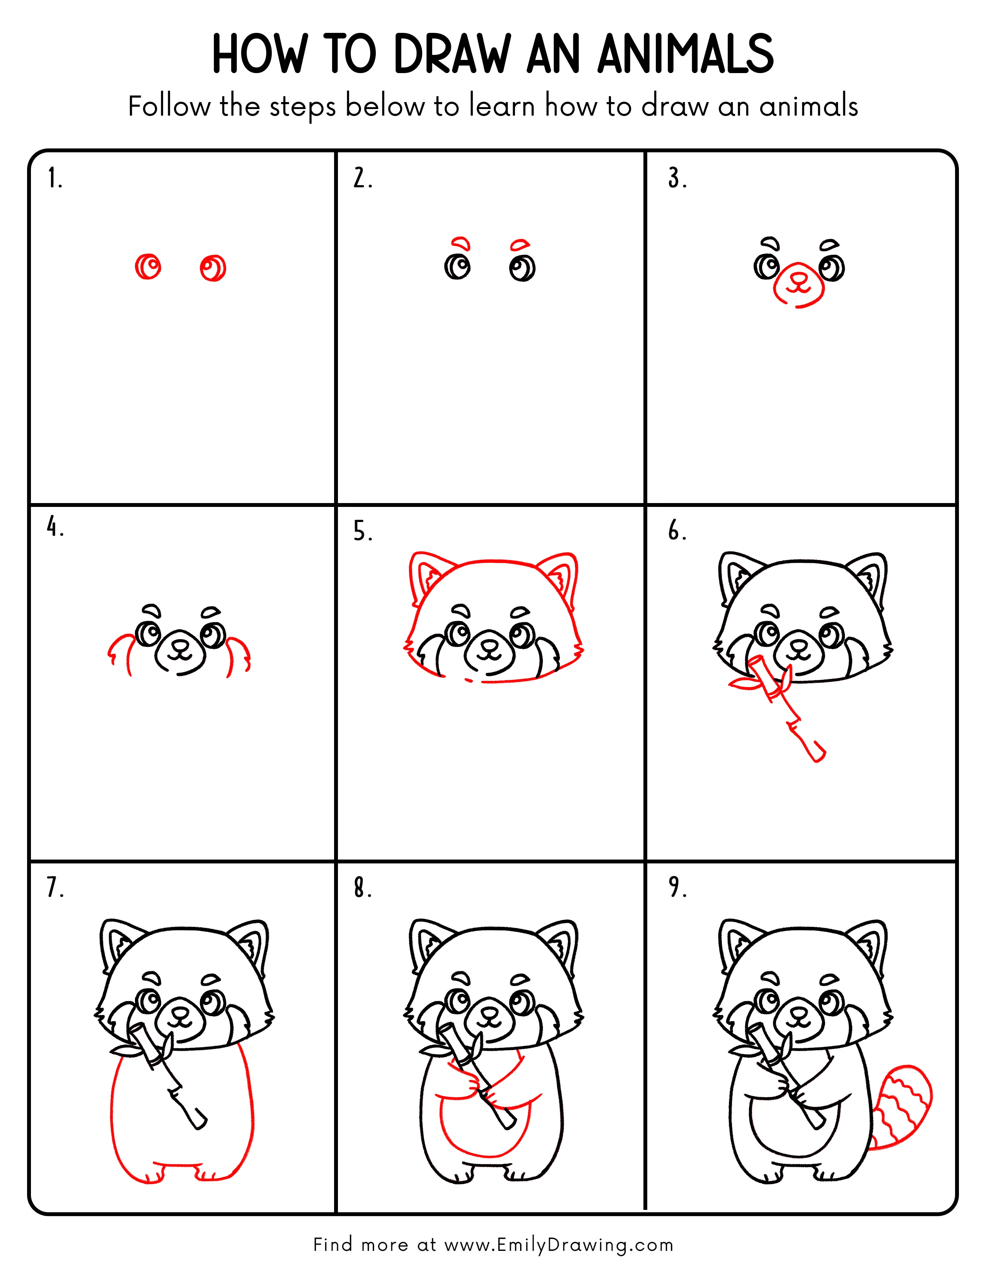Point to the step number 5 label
[x=362, y=532]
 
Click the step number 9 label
[x=677, y=887]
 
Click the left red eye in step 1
[x=148, y=268]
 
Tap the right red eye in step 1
[x=213, y=269]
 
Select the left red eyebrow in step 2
[x=461, y=243]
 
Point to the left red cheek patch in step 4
[x=120, y=653]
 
